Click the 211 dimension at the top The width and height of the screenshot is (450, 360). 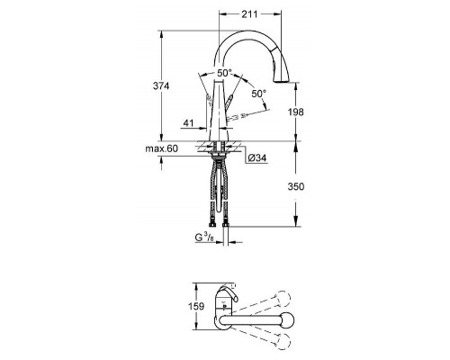pyautogui.click(x=251, y=14)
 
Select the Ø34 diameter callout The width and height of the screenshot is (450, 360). pyautogui.click(x=258, y=158)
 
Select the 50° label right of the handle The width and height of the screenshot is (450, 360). pyautogui.click(x=259, y=93)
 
